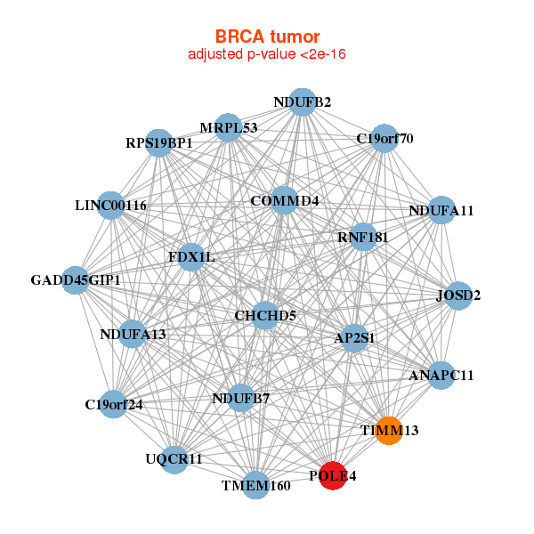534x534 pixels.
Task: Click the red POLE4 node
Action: point(333,476)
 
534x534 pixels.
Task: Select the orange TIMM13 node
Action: point(389,430)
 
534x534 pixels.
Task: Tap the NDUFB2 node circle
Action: point(303,102)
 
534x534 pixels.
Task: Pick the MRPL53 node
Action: point(229,127)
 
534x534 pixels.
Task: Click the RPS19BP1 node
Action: point(158,142)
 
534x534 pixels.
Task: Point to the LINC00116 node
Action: point(110,206)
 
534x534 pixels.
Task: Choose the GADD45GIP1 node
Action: point(76,280)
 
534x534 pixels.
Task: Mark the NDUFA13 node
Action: point(133,335)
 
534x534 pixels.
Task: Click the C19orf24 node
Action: point(113,404)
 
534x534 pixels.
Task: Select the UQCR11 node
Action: point(174,459)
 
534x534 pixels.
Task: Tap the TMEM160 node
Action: point(256,485)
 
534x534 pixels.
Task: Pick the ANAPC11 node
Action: point(441,375)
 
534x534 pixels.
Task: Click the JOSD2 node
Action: point(457,295)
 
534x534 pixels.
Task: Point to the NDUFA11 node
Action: point(441,211)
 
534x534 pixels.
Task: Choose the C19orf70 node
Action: point(384,138)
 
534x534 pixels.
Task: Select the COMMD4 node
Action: point(285,200)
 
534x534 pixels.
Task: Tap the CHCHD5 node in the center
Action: point(265,315)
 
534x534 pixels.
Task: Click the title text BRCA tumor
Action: point(267,36)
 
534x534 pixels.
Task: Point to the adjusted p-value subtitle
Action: point(267,54)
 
